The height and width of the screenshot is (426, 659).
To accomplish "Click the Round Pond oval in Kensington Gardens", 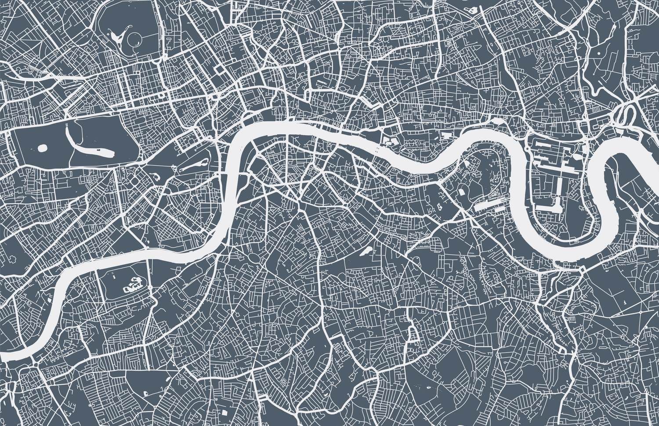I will click(43, 148).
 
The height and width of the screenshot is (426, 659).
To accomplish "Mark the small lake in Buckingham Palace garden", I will click(156, 177).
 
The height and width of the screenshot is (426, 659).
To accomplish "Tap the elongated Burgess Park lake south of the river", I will click(365, 251).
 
